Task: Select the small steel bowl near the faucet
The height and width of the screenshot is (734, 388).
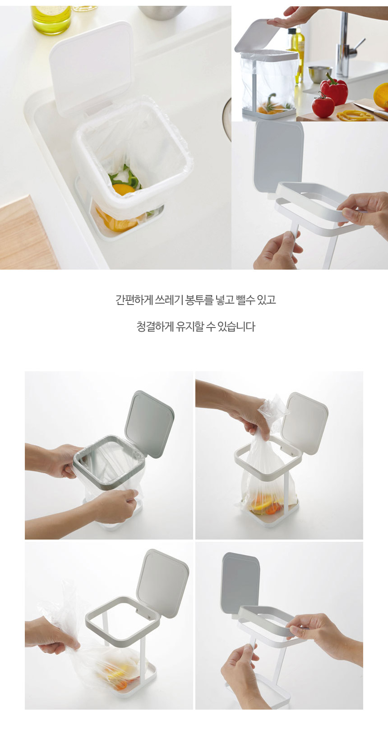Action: click(x=320, y=74)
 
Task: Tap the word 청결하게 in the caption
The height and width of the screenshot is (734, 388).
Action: click(x=155, y=326)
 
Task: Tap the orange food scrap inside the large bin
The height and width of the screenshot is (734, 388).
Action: click(x=123, y=189)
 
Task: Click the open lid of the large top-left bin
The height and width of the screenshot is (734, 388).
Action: click(x=92, y=67)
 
